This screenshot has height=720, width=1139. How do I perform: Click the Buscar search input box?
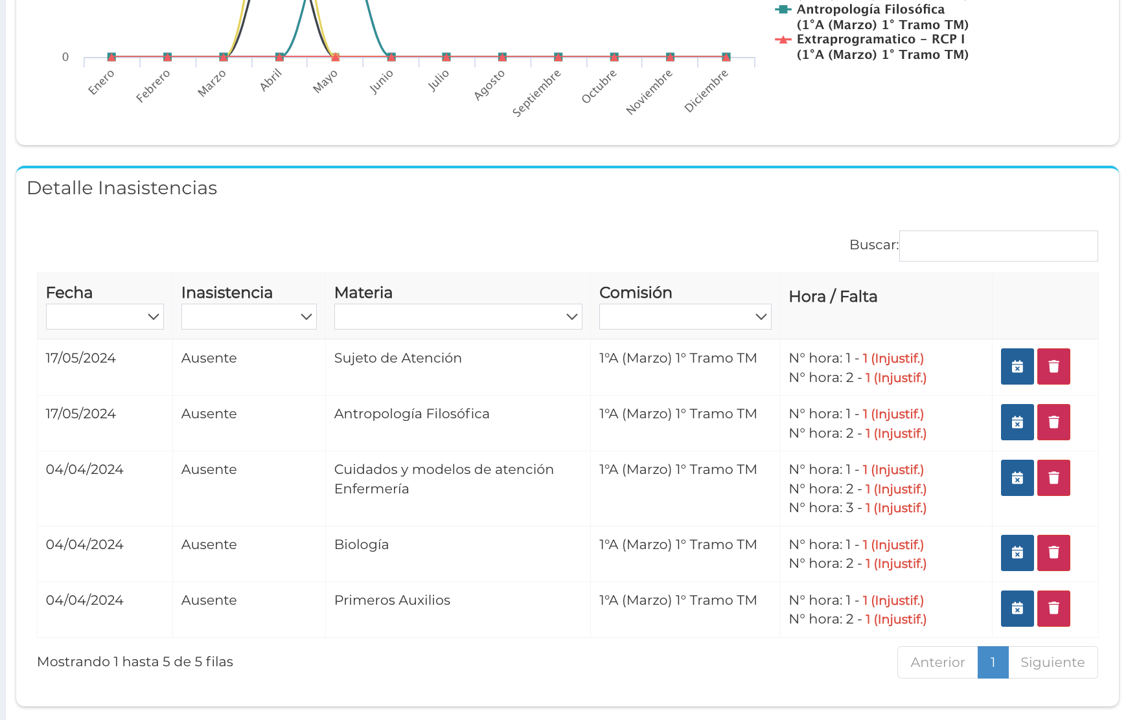(998, 246)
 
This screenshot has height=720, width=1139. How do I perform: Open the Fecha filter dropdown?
(104, 317)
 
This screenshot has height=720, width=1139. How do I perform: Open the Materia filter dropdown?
(457, 317)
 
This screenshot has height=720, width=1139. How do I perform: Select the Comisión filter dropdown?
(685, 317)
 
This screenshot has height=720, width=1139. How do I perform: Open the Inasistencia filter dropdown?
(249, 317)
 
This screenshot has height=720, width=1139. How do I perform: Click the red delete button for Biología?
(1053, 553)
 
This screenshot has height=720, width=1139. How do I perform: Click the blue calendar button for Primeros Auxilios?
(1017, 609)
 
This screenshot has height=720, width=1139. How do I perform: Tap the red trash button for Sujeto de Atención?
(1053, 366)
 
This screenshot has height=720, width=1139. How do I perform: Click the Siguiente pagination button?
(1052, 662)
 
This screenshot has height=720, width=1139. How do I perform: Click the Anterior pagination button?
(938, 662)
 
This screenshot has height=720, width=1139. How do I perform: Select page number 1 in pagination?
(993, 662)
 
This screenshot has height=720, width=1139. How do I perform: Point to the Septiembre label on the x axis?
(536, 93)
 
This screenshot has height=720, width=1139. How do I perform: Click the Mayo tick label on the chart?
(325, 82)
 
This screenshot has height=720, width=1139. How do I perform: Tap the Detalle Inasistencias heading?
(122, 188)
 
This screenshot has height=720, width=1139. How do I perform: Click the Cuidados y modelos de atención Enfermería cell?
(444, 478)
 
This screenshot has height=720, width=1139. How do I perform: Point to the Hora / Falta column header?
(833, 297)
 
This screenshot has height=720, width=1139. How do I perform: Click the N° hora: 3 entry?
(857, 508)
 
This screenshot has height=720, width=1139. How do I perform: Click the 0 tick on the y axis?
(65, 57)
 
